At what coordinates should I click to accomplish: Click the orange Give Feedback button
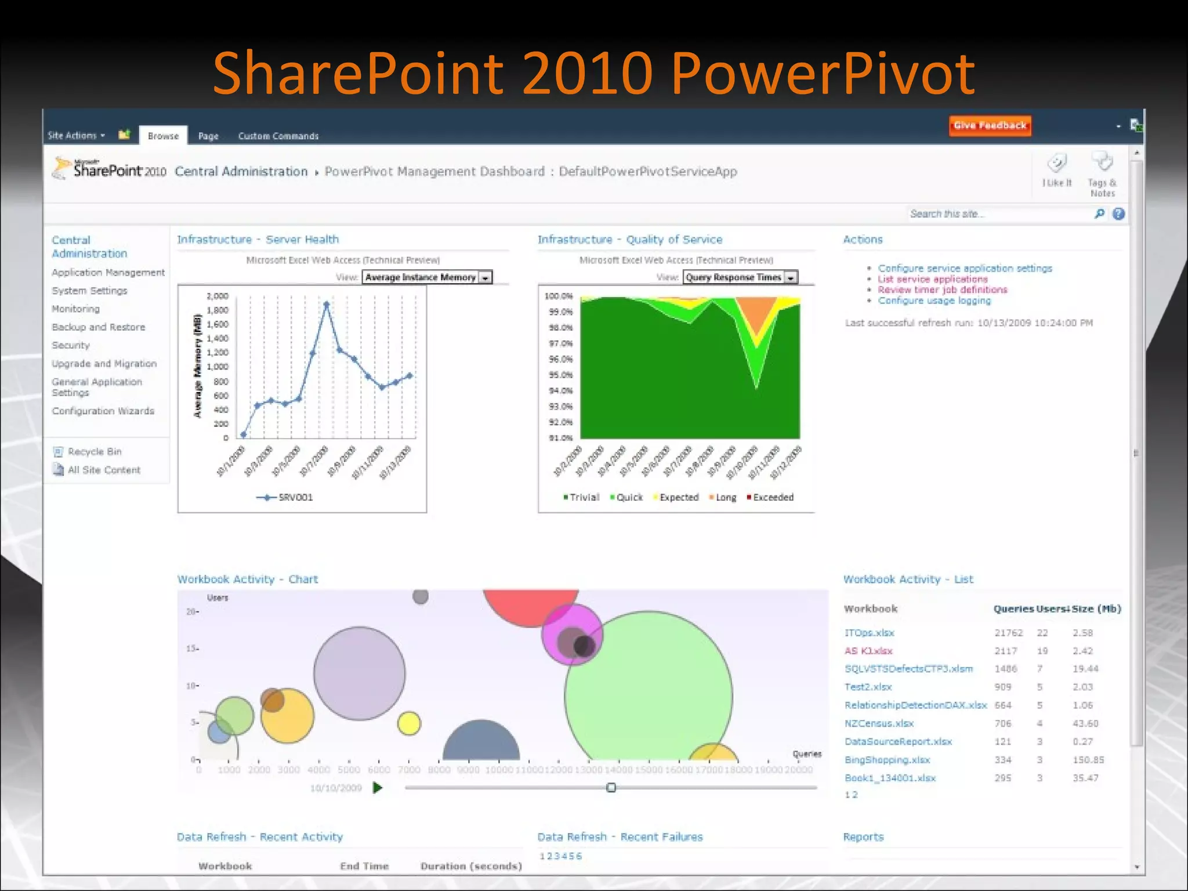990,125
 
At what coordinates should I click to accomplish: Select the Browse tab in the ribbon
163,136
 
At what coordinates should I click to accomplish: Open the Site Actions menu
76,136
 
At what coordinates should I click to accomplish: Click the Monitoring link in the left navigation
75,309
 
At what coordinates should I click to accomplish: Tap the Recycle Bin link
94,452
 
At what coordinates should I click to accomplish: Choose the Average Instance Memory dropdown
427,277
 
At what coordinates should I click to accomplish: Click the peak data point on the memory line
327,304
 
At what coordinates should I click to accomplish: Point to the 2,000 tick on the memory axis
218,296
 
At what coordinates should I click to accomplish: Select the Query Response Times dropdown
740,277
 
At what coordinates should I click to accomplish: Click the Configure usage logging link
934,300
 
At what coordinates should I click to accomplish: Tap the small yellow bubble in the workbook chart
409,723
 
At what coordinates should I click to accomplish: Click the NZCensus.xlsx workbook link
879,723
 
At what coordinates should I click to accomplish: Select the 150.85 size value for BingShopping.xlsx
1088,760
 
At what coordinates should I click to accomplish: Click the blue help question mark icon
1118,214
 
